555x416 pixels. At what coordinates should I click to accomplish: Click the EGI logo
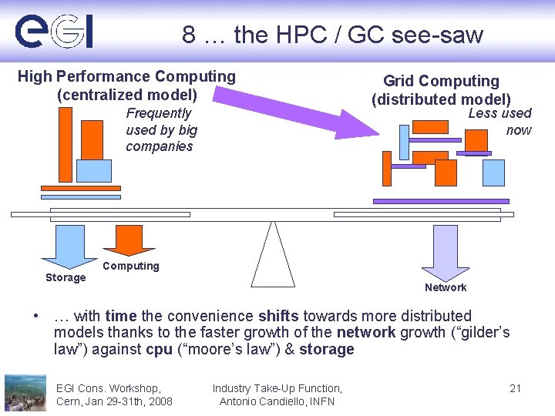click(x=54, y=32)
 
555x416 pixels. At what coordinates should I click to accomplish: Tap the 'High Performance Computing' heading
click(x=126, y=76)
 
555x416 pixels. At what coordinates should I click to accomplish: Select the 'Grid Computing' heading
click(x=441, y=81)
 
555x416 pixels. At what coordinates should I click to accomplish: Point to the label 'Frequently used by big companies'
click(x=161, y=130)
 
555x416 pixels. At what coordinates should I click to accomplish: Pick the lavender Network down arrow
click(x=446, y=250)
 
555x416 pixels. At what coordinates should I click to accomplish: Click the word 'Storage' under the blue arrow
click(x=66, y=277)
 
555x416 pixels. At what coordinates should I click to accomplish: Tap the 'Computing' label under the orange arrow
click(x=130, y=266)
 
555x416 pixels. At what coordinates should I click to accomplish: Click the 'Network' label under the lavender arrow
click(x=446, y=287)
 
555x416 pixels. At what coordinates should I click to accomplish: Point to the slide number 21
click(x=516, y=388)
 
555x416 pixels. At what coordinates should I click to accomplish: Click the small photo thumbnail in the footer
click(x=25, y=392)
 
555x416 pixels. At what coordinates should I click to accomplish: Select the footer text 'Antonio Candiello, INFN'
click(x=277, y=401)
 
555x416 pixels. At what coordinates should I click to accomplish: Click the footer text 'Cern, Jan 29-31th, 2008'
click(x=114, y=401)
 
